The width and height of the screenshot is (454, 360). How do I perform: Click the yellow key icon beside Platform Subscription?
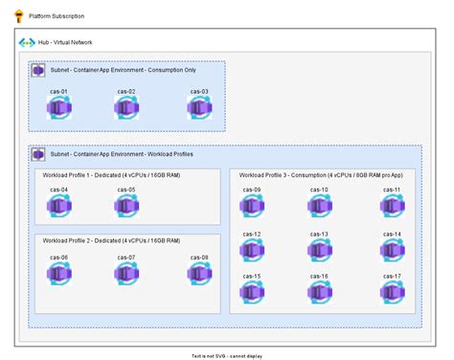[x=17, y=16]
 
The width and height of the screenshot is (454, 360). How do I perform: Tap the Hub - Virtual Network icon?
[x=28, y=44]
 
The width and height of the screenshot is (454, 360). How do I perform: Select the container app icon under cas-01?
[x=59, y=108]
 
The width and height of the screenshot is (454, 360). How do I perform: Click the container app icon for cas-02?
[x=125, y=108]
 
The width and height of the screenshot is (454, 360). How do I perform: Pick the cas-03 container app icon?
[x=198, y=108]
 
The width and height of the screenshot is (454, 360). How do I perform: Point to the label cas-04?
[x=59, y=190]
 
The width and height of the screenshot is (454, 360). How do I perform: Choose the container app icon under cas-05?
[x=125, y=207]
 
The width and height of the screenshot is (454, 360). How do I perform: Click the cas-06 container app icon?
[x=59, y=273]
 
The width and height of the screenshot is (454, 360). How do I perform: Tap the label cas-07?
[x=125, y=257]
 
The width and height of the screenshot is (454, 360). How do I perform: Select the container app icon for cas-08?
[x=198, y=273]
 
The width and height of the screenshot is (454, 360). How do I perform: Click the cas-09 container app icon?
[x=252, y=207]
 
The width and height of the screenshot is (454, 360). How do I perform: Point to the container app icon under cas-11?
[x=391, y=207]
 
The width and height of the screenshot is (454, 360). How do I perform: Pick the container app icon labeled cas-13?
[x=319, y=250]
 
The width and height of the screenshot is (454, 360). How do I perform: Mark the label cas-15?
[x=252, y=276]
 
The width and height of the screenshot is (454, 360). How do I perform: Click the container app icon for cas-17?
[x=391, y=292]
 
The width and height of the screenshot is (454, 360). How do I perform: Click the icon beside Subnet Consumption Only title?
[x=38, y=71]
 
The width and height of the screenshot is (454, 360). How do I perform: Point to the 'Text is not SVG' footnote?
[x=226, y=355]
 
